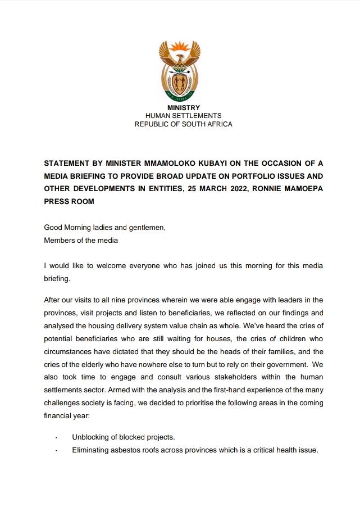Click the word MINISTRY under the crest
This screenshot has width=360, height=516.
pos(183,108)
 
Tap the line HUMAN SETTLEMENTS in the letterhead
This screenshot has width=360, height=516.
pos(183,116)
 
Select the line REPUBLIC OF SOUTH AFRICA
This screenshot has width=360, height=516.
pos(183,124)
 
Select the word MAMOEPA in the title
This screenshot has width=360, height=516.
pos(302,188)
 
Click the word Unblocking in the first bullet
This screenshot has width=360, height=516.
pos(93,437)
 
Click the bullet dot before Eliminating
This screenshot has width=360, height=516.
pos(56,450)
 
